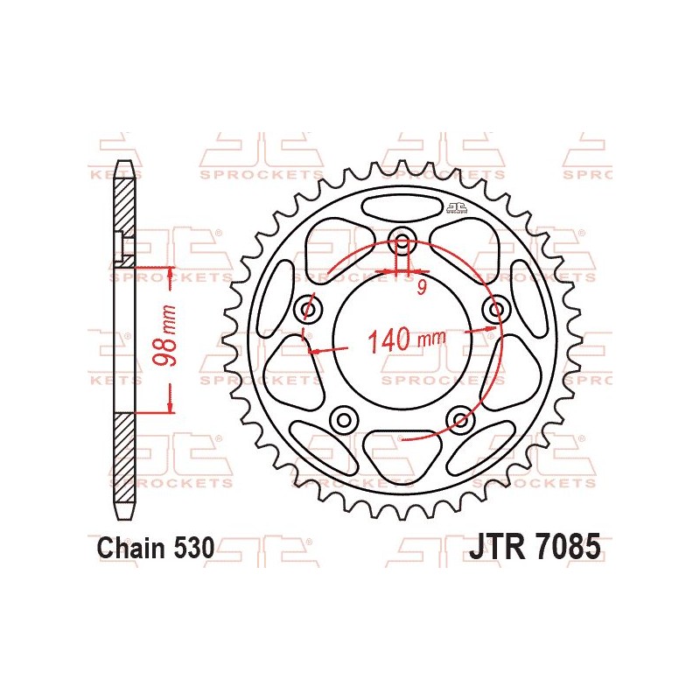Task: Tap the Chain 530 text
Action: tap(154, 549)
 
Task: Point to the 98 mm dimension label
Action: tap(170, 337)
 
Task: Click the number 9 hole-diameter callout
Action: tap(421, 288)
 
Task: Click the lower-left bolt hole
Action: tap(343, 419)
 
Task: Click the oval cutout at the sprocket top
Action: tap(403, 208)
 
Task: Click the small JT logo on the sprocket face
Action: tap(455, 207)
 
